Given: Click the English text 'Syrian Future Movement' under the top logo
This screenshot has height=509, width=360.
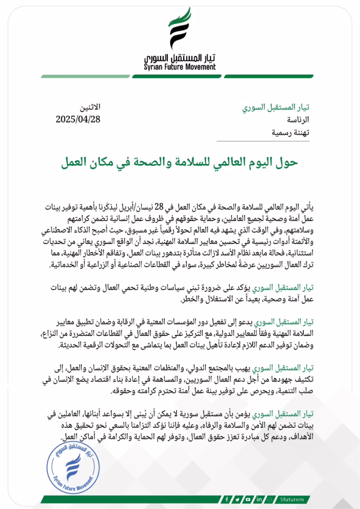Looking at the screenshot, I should (180, 67).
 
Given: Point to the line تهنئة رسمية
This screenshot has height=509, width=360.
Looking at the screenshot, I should (291, 132).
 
